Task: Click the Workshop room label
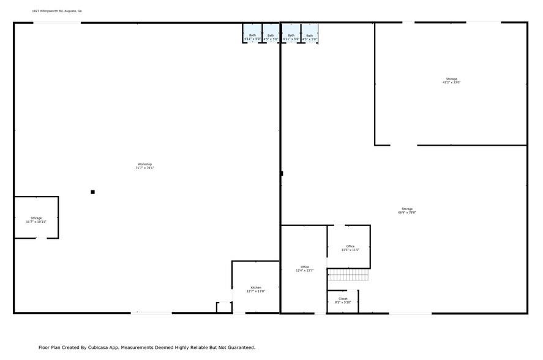click(x=144, y=164)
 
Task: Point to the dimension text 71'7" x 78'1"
click(x=144, y=168)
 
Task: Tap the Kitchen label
click(x=256, y=287)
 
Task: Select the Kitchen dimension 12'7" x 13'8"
click(x=256, y=291)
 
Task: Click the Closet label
click(x=343, y=299)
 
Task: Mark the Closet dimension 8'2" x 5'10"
click(x=343, y=302)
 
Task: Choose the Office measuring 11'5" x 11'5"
click(x=350, y=246)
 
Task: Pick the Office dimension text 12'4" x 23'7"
click(x=305, y=271)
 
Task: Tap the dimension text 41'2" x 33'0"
click(x=451, y=83)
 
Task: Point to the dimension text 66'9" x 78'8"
click(x=407, y=213)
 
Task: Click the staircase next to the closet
click(x=348, y=275)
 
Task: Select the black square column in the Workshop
click(x=92, y=192)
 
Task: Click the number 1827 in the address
click(x=36, y=11)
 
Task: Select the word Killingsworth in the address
click(x=50, y=11)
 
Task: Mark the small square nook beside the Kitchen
click(x=224, y=307)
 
